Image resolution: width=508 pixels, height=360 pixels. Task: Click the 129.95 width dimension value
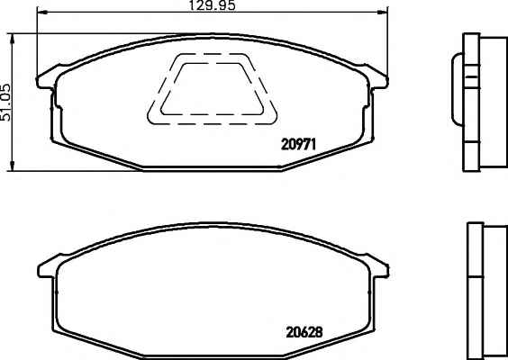coord(213,5)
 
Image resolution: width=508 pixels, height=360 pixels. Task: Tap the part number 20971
coord(298,144)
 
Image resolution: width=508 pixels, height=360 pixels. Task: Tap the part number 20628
coord(304,332)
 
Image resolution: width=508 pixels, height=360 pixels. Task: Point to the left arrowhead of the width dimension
coord(42,13)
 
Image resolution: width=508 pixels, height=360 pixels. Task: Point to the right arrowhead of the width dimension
coord(383,13)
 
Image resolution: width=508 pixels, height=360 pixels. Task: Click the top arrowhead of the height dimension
coord(13,39)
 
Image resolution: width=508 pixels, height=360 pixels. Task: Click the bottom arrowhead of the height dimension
coord(13,166)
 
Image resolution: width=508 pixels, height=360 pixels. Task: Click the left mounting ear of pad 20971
coord(46,78)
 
